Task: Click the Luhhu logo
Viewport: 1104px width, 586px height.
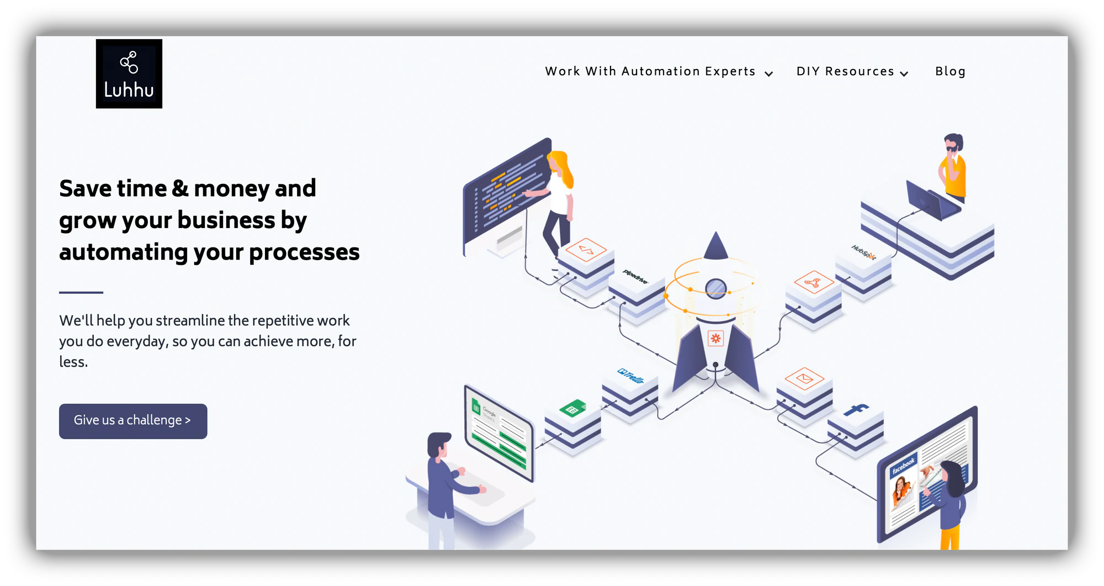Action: [129, 73]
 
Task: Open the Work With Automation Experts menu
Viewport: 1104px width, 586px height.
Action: [659, 72]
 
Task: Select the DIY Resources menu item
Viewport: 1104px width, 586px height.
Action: [852, 72]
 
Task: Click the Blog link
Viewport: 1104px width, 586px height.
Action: [950, 72]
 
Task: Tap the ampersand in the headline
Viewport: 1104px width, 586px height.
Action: [180, 188]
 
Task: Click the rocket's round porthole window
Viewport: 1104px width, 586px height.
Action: [716, 288]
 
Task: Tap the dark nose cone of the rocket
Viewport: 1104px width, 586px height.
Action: [716, 246]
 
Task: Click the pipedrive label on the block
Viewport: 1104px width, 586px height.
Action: [635, 276]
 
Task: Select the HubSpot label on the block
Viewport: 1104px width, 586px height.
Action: [863, 252]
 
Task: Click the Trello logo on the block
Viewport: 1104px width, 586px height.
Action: [631, 376]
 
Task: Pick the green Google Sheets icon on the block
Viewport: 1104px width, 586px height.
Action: [572, 409]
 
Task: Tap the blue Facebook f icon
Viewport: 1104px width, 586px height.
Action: [856, 409]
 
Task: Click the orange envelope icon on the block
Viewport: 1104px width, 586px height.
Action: [804, 378]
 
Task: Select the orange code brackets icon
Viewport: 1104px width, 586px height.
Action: [586, 250]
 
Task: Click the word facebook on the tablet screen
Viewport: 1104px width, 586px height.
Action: [903, 465]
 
